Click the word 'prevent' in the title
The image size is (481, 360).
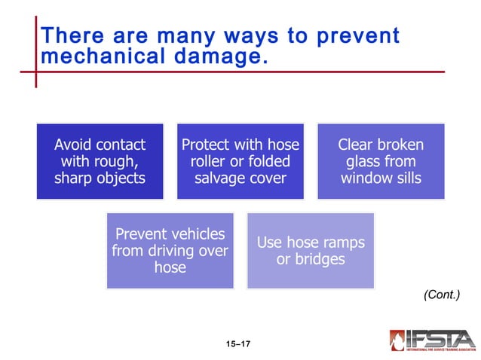tap(359, 36)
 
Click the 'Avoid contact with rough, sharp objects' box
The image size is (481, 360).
tap(100, 161)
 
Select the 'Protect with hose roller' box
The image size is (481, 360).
tap(240, 161)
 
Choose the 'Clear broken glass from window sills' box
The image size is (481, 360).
tap(381, 161)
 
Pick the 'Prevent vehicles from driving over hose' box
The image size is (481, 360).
tap(170, 251)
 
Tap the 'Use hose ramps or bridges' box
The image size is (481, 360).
tap(311, 251)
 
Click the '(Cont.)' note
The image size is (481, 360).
tap(441, 295)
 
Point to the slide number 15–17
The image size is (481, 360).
tap(237, 344)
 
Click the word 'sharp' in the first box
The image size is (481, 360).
tap(74, 178)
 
